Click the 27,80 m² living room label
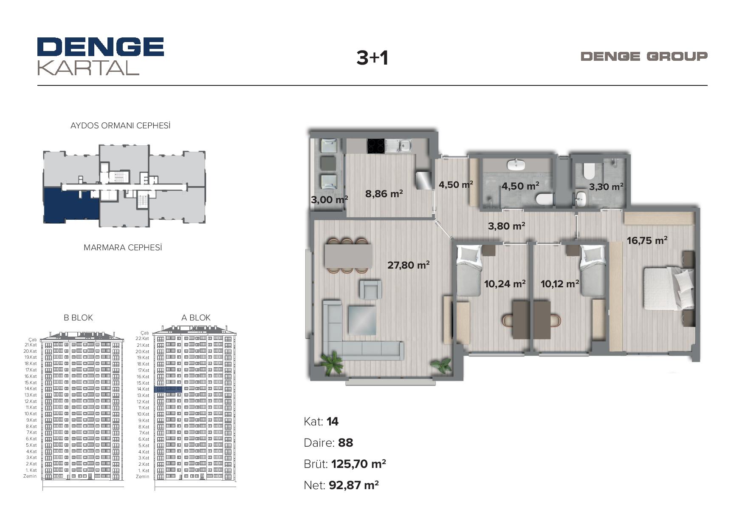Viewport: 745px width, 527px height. (409, 265)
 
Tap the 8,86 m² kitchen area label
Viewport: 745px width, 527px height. (384, 194)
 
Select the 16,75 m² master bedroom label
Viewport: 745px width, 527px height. (647, 241)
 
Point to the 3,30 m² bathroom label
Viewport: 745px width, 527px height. (606, 187)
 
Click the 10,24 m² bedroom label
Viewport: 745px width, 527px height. (505, 283)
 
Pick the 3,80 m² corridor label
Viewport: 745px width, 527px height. (506, 226)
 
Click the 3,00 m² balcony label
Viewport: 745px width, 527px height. (330, 199)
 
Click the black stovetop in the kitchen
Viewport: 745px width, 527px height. (376, 146)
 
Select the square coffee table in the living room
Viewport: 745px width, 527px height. (362, 320)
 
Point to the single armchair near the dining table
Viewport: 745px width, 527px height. (370, 289)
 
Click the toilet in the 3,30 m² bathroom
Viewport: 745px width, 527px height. (589, 172)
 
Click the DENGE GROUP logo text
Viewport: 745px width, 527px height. (644, 56)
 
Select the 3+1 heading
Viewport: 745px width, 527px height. (372, 58)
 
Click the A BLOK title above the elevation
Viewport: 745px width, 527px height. (196, 317)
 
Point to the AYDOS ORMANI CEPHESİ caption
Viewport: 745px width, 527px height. (121, 125)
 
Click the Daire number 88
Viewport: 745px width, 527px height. (346, 443)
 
